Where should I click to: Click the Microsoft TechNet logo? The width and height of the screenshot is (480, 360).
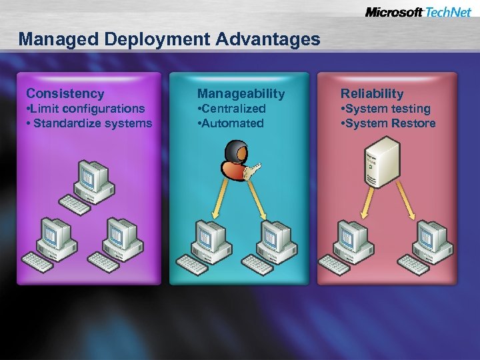click(418, 13)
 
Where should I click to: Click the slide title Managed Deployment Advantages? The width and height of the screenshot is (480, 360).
click(169, 39)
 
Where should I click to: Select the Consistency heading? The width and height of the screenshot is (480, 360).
click(65, 93)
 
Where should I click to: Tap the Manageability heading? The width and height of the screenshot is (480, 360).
click(241, 93)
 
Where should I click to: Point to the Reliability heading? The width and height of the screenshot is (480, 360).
click(372, 93)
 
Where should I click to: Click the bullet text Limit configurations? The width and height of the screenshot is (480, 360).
click(85, 109)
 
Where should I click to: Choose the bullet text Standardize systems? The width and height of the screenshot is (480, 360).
click(89, 123)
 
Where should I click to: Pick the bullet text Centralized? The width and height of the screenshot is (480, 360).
click(231, 109)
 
